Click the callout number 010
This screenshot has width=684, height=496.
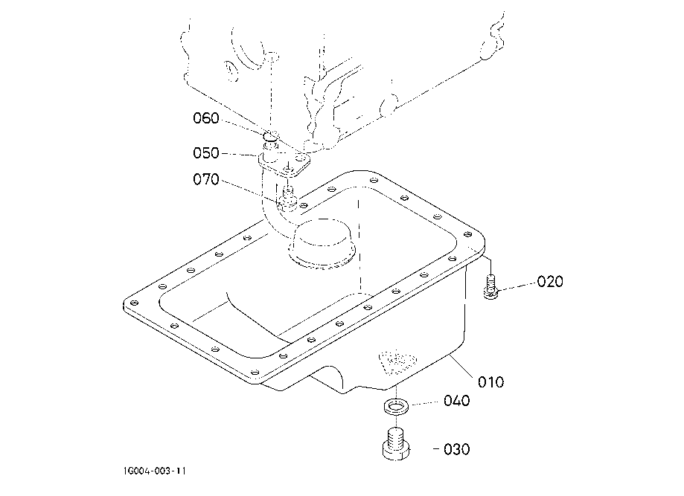[x=490, y=382]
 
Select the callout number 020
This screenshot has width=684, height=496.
[x=550, y=282]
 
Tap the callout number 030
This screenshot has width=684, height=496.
[x=457, y=449]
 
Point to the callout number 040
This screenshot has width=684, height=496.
[x=457, y=401]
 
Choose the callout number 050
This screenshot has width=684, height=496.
[x=206, y=153]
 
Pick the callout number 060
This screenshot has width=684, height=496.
[x=206, y=118]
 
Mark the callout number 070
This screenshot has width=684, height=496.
[x=206, y=179]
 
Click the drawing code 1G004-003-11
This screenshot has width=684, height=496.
[x=154, y=471]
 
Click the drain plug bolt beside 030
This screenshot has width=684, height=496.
[x=396, y=444]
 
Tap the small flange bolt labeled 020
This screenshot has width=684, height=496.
[x=490, y=286]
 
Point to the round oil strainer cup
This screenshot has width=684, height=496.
[x=322, y=243]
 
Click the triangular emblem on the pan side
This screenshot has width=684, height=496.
[x=397, y=361]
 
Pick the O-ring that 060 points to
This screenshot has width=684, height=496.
[x=270, y=138]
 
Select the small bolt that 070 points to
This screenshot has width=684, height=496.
[x=287, y=196]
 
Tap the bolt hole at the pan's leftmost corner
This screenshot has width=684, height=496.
[x=134, y=303]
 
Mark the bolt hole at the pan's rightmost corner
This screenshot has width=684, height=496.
[x=467, y=234]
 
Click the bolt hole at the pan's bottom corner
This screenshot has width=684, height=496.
[x=255, y=372]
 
